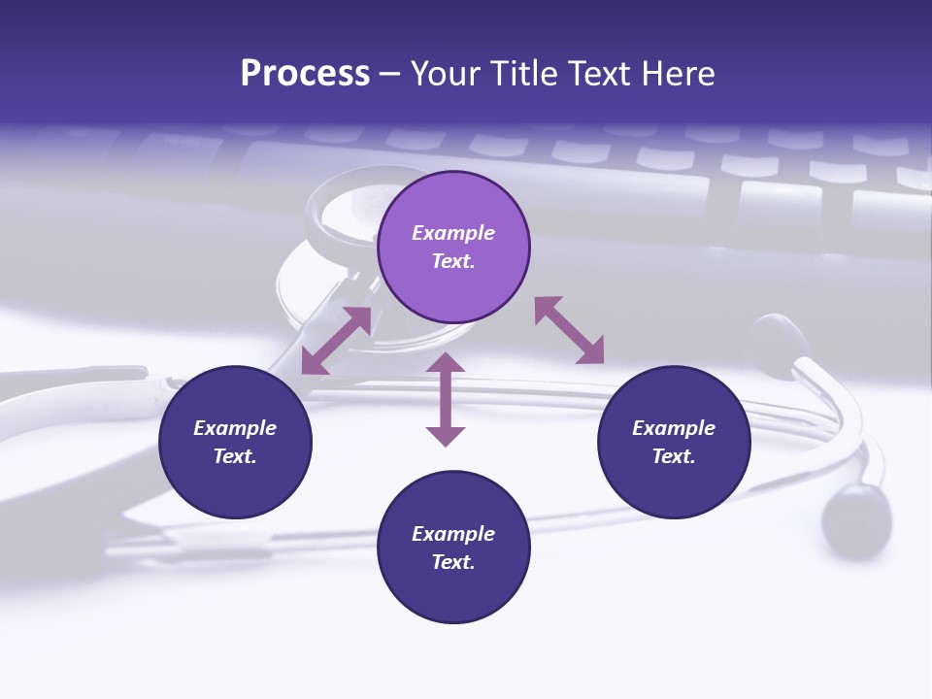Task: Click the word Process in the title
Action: click(x=305, y=74)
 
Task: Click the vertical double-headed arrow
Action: click(x=446, y=399)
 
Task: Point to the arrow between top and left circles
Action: click(x=336, y=341)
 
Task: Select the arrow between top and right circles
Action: click(x=570, y=330)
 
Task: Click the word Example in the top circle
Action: click(x=453, y=233)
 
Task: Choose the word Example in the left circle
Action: click(x=235, y=428)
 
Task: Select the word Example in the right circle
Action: click(x=674, y=428)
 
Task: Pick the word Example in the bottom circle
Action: click(x=453, y=534)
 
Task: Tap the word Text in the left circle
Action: click(x=234, y=456)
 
